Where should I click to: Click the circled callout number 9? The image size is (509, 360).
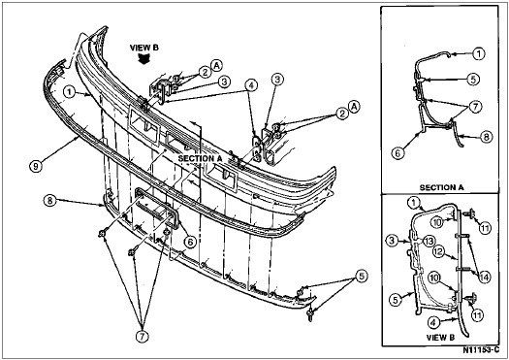pyautogui.click(x=35, y=166)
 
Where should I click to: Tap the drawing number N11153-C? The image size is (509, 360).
pyautogui.click(x=481, y=350)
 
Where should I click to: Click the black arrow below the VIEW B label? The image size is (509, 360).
pyautogui.click(x=143, y=59)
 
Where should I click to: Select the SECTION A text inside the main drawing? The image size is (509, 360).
pyautogui.click(x=200, y=158)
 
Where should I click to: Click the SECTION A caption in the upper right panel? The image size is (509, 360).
pyautogui.click(x=442, y=187)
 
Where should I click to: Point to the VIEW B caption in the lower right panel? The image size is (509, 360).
pyautogui.click(x=440, y=338)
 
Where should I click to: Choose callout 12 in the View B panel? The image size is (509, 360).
pyautogui.click(x=438, y=251)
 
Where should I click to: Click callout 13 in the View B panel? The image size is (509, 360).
pyautogui.click(x=429, y=242)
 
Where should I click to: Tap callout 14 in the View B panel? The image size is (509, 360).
pyautogui.click(x=485, y=278)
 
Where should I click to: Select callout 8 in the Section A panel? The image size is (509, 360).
pyautogui.click(x=486, y=137)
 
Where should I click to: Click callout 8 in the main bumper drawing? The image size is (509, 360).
pyautogui.click(x=49, y=200)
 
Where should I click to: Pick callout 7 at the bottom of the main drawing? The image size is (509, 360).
pyautogui.click(x=142, y=337)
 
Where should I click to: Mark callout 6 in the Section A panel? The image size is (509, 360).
pyautogui.click(x=398, y=153)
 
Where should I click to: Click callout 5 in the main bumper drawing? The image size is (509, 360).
pyautogui.click(x=362, y=277)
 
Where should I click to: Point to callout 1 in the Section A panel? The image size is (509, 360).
pyautogui.click(x=479, y=53)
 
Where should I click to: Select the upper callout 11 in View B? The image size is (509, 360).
pyautogui.click(x=485, y=229)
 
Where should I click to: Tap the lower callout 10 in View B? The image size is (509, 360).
pyautogui.click(x=434, y=278)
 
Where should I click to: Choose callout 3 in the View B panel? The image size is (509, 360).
pyautogui.click(x=392, y=241)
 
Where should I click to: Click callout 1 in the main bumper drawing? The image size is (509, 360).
pyautogui.click(x=70, y=92)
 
